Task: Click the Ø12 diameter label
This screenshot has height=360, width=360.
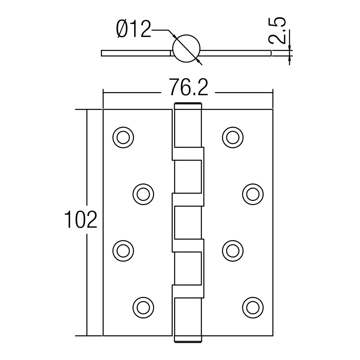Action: tap(133, 30)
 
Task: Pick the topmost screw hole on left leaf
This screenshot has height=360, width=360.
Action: tap(123, 137)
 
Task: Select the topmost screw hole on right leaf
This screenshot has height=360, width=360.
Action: tap(233, 137)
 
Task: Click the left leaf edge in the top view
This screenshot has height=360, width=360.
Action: tap(102, 53)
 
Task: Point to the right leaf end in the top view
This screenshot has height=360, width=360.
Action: tap(271, 53)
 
